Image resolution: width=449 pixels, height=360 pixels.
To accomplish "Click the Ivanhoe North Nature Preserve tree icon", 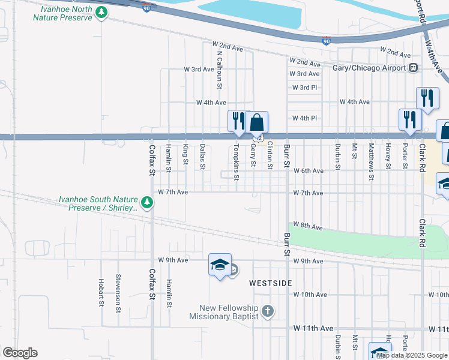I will coord(102,13).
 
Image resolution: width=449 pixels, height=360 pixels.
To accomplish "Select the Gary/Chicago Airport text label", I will coord(369,68).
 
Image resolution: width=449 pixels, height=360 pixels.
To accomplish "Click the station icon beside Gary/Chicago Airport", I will coord(413,68).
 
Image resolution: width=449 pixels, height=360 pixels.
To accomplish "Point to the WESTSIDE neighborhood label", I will coord(271,283).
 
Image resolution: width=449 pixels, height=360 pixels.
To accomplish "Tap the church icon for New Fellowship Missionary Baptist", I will coord(268,311).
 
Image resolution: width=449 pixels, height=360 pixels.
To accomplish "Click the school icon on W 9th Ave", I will coord(220,265).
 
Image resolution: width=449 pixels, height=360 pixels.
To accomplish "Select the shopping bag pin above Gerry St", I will coord(256,122).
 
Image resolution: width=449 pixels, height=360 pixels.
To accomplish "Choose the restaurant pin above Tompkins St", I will coord(238,121).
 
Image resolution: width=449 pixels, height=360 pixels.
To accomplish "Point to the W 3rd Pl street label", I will coord(304,88).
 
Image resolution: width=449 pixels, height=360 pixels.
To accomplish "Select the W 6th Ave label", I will coord(309,171).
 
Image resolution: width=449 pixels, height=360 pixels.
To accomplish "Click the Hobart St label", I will coord(100,292).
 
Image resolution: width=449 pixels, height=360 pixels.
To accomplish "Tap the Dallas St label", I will coord(203,155).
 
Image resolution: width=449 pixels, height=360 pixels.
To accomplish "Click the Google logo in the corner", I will coord(20,353).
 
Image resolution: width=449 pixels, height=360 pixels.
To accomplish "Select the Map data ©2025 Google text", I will coord(412,355).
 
